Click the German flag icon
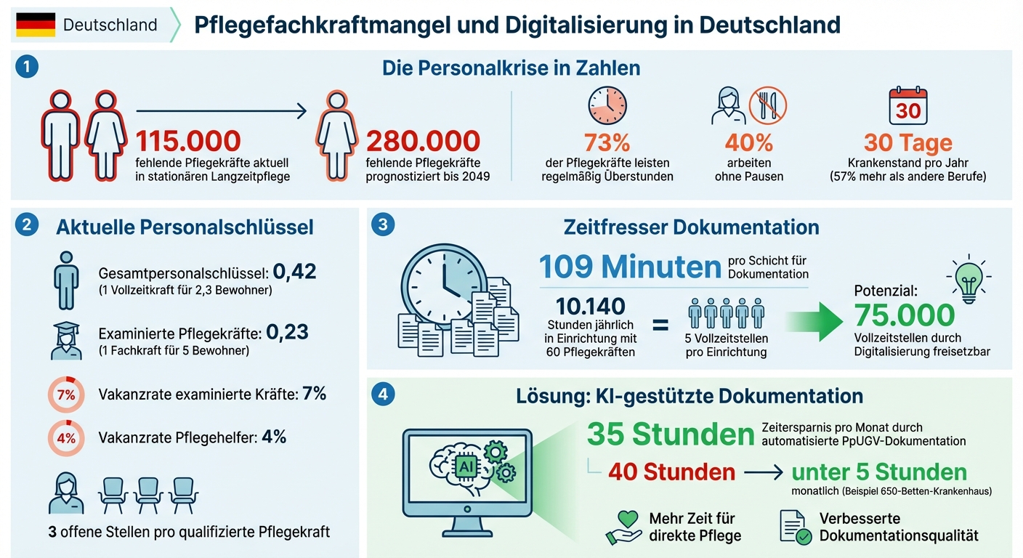36,25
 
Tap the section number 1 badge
26,68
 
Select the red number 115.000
187,141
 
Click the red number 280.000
423,141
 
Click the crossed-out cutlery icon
768,105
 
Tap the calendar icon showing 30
907,106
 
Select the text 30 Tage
907,142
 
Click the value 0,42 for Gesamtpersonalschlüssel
295,272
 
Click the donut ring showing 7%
66,395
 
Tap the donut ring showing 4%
66,438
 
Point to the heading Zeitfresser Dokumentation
691,227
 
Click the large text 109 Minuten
630,267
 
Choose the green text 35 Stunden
670,434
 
